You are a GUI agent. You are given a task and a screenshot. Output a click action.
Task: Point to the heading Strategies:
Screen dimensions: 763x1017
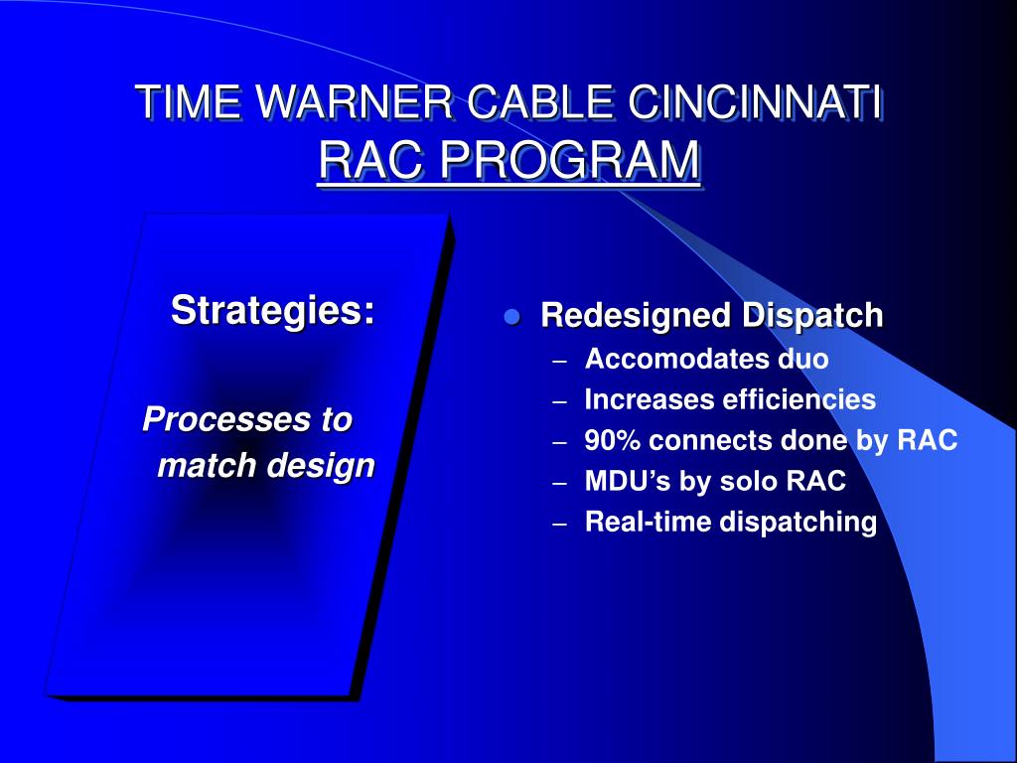[x=273, y=309]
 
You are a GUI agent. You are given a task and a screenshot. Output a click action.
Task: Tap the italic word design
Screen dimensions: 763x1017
[x=326, y=465]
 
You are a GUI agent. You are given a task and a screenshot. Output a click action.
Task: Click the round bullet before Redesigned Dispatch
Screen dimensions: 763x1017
[x=512, y=317]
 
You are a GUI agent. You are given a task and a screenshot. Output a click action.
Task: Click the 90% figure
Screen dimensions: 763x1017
[x=613, y=440]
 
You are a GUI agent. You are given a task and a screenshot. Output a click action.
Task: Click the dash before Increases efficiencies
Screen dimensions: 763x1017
[x=560, y=401]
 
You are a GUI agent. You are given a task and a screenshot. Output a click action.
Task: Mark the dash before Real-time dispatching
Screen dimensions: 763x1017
[x=560, y=524]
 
